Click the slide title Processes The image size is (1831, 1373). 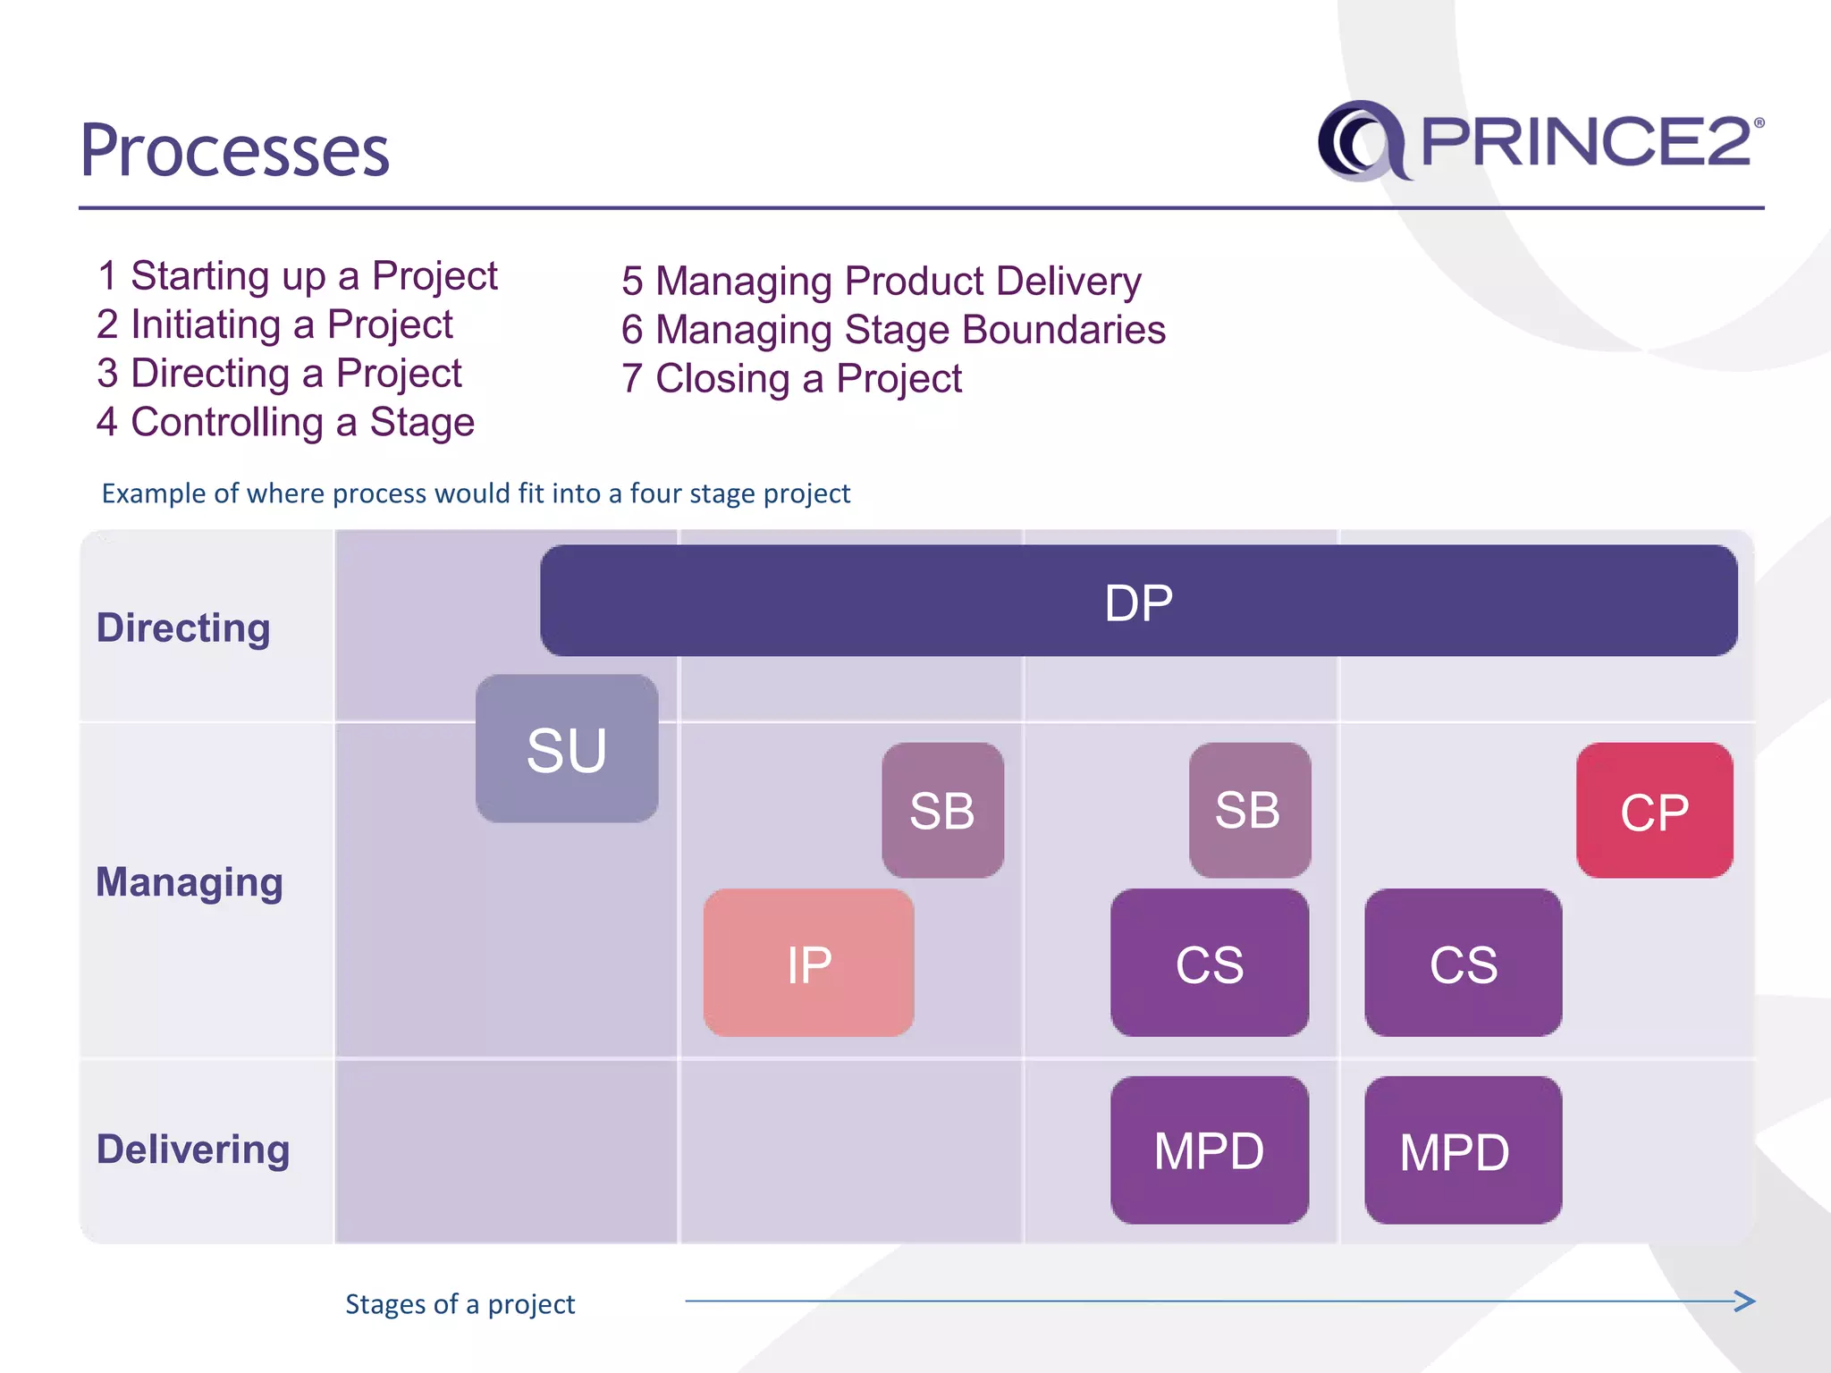click(x=235, y=150)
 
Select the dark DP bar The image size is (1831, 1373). click(x=1138, y=602)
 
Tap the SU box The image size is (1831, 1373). click(x=567, y=749)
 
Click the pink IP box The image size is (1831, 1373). click(x=808, y=964)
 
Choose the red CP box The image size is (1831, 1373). click(x=1654, y=811)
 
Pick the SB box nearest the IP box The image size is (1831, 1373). click(x=942, y=811)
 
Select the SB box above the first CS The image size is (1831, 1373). click(x=1249, y=811)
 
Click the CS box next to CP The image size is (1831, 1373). click(x=1463, y=964)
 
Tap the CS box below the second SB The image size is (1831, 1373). click(x=1209, y=964)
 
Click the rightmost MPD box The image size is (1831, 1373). click(x=1463, y=1150)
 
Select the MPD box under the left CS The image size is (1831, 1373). click(x=1209, y=1150)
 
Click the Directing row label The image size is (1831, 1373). click(x=183, y=628)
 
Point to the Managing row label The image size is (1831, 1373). click(x=190, y=882)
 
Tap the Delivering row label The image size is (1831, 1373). click(x=193, y=1150)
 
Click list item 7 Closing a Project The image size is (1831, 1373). click(x=791, y=379)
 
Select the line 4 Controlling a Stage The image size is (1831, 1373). click(x=285, y=422)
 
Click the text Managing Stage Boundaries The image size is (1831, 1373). click(x=909, y=330)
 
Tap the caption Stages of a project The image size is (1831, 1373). click(x=460, y=1304)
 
